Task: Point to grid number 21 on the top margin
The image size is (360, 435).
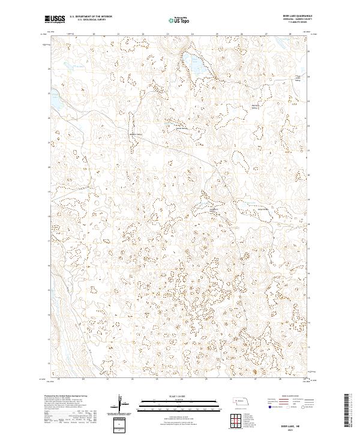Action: (x=118, y=35)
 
